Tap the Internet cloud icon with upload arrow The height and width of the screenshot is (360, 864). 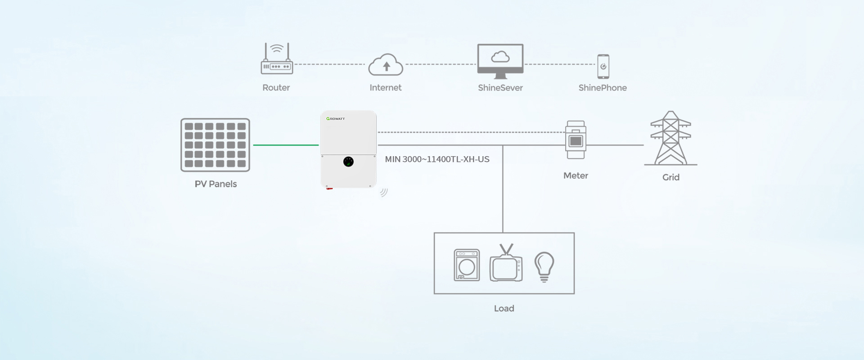tap(386, 65)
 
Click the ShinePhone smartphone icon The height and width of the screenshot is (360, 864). tap(603, 67)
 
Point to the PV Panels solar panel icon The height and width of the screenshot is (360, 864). tap(215, 145)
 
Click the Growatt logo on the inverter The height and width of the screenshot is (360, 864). tap(336, 119)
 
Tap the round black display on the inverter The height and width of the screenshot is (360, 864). tap(348, 162)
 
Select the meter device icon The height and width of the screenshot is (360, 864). tap(576, 140)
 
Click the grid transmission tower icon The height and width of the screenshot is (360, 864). tap(670, 138)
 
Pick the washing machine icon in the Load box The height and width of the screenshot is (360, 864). tap(467, 265)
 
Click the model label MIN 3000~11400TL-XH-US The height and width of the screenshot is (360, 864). tap(437, 159)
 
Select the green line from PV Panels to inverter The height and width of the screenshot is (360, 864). tap(286, 145)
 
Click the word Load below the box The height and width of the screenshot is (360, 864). tap(504, 309)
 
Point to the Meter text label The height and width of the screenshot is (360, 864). tap(576, 176)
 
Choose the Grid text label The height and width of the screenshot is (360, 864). tap(670, 177)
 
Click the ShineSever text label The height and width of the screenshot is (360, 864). tap(500, 88)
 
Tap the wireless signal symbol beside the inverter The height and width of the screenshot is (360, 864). tap(383, 193)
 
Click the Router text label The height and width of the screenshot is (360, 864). tap(276, 88)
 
